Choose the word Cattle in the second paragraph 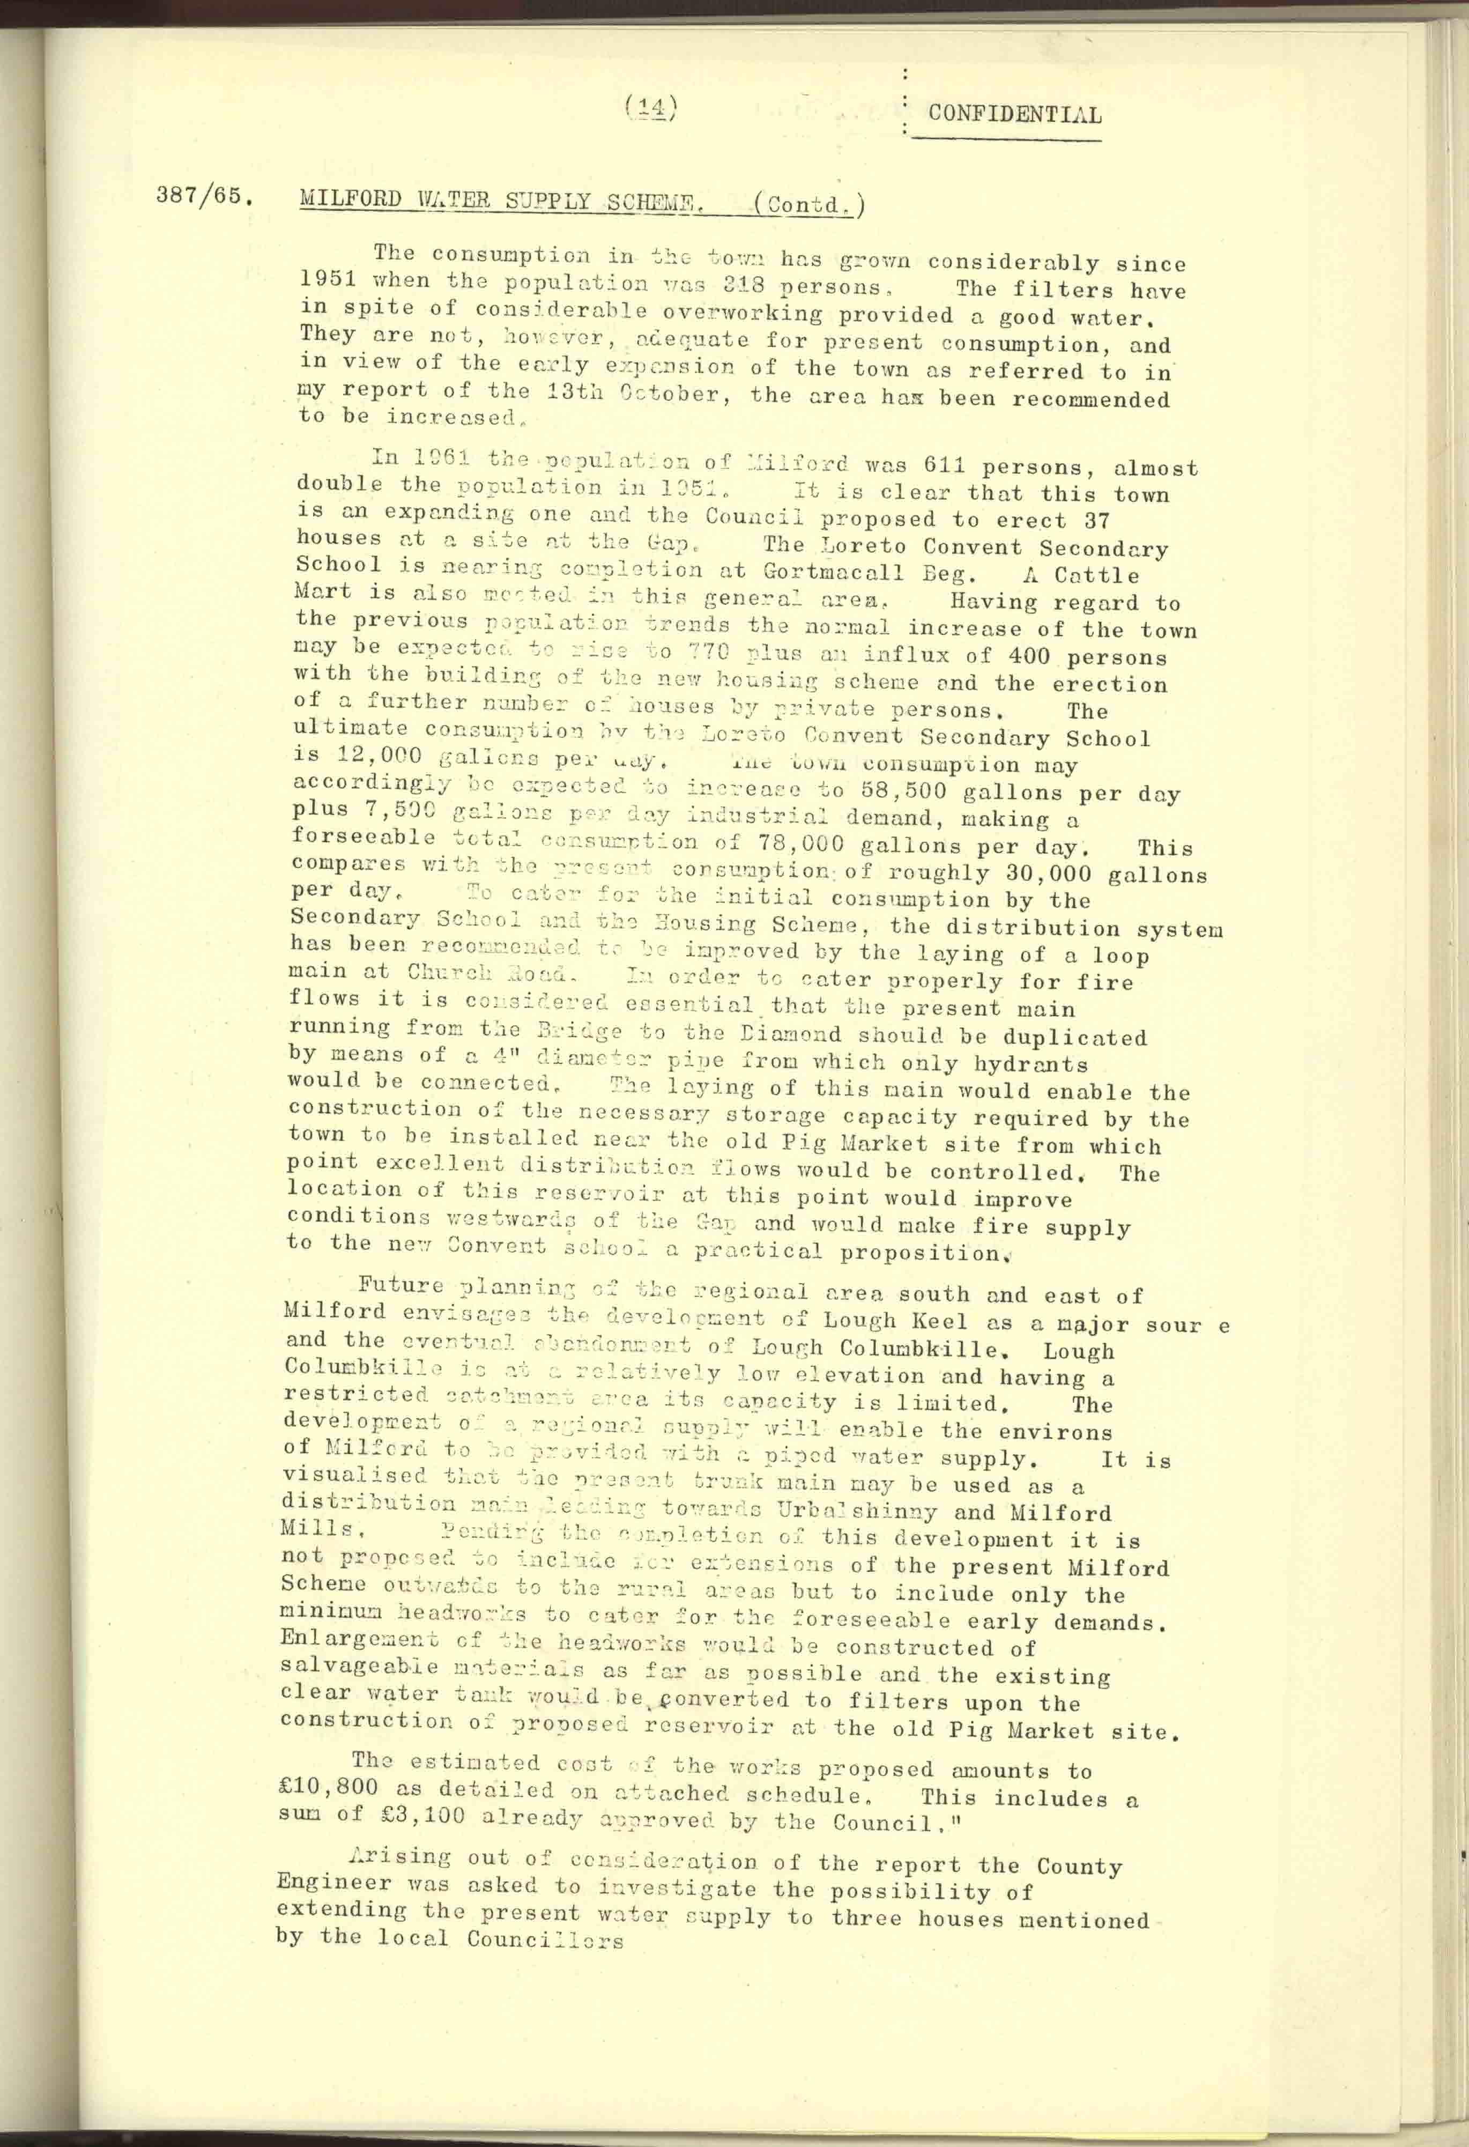1097,575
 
